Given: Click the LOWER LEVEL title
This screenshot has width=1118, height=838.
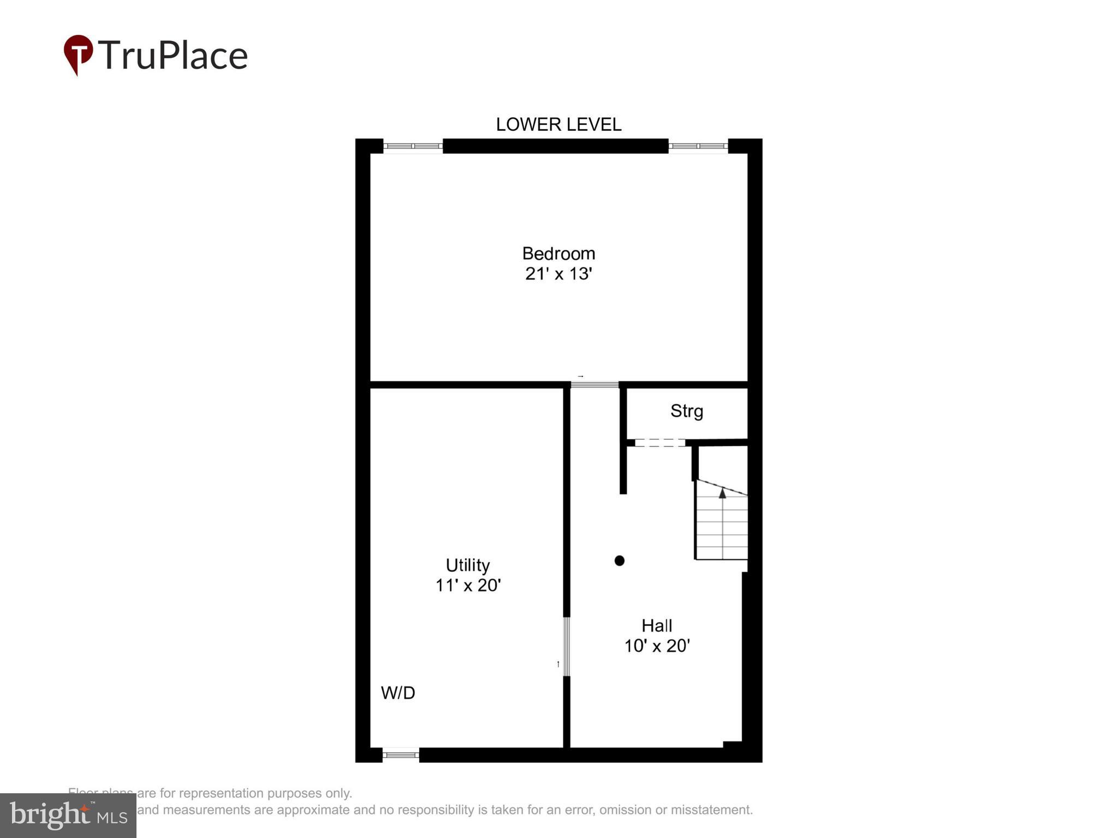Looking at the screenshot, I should coord(558,124).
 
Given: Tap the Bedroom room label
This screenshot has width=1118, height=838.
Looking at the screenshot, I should coord(558,254).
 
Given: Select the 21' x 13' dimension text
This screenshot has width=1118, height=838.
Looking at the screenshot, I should coord(558,273).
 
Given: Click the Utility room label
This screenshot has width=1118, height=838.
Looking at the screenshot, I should coord(468,565).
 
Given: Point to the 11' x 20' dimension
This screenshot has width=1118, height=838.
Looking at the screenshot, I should coord(468,585).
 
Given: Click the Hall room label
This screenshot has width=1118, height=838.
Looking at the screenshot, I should coord(657,625).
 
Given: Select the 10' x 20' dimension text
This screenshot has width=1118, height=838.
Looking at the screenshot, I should coord(657,646).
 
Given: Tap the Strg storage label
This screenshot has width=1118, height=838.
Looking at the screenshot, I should coord(687,411).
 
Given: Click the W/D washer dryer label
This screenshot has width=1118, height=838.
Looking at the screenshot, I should coord(398,693).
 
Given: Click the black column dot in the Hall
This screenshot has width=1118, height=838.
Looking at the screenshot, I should coord(619,560).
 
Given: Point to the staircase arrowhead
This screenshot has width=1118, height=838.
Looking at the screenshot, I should coord(722,493).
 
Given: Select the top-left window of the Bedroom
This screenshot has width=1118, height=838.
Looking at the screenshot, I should coord(413,146).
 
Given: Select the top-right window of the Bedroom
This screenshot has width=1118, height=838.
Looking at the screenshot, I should coord(698,146).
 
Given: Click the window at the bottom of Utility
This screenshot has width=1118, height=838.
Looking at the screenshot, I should coord(400,755).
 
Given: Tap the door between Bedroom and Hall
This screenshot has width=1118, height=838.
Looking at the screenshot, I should coord(594,385).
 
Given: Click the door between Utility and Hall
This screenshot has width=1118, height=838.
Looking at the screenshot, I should coord(567,647).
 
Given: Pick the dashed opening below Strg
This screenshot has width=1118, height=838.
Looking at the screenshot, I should coord(659,443).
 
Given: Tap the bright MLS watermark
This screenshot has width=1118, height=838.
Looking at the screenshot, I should coord(68,816).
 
